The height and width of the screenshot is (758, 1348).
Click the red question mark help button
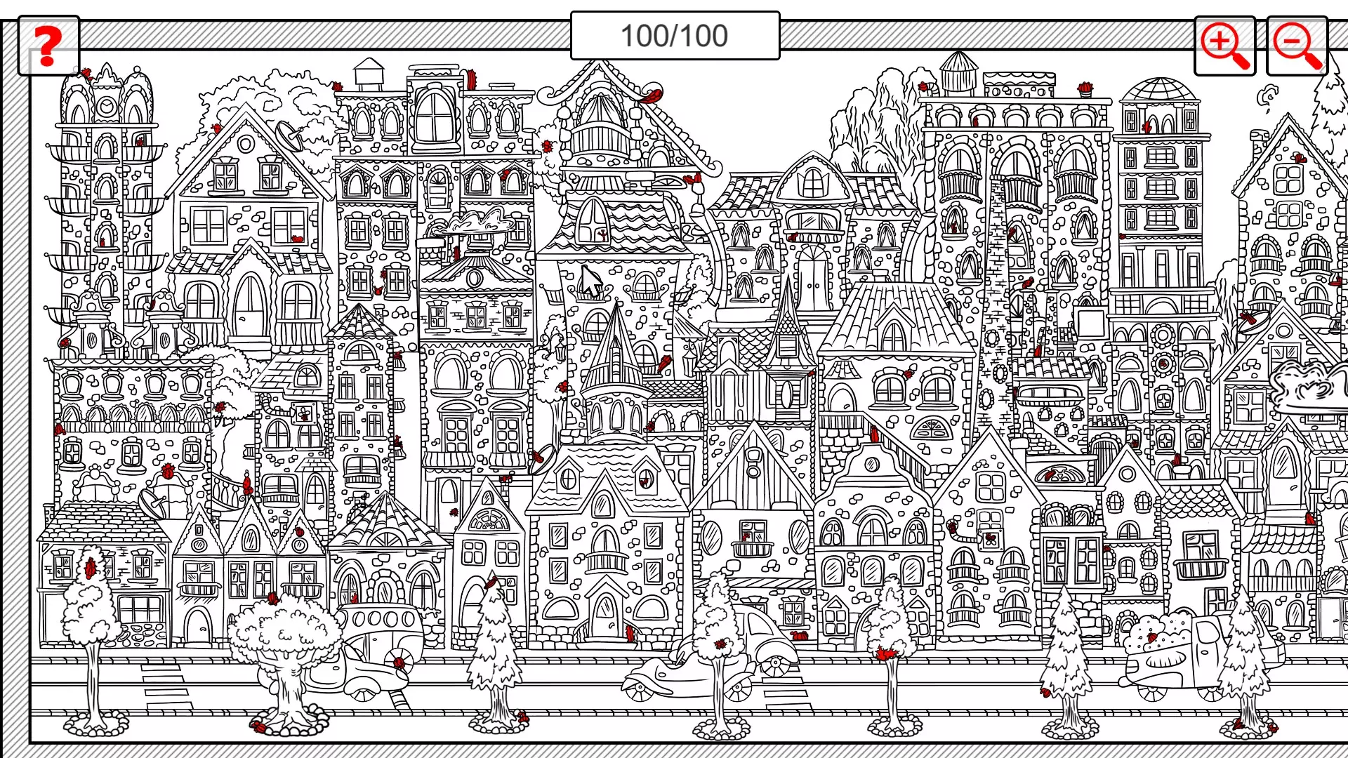click(x=48, y=46)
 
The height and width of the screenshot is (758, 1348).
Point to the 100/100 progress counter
click(x=675, y=36)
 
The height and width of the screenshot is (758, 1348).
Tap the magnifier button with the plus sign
click(x=1224, y=46)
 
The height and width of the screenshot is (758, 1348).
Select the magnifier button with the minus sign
click(x=1297, y=46)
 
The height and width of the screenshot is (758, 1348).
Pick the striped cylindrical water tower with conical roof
click(x=958, y=73)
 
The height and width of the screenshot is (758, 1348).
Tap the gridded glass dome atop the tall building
click(x=1159, y=90)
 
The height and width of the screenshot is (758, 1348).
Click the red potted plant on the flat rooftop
click(x=1085, y=89)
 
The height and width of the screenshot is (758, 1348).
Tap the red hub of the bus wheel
click(x=399, y=663)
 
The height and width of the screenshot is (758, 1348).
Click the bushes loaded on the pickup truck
click(x=1158, y=635)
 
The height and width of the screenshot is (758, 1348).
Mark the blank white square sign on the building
click(x=1091, y=324)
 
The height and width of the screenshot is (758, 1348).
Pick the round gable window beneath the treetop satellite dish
click(x=246, y=145)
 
